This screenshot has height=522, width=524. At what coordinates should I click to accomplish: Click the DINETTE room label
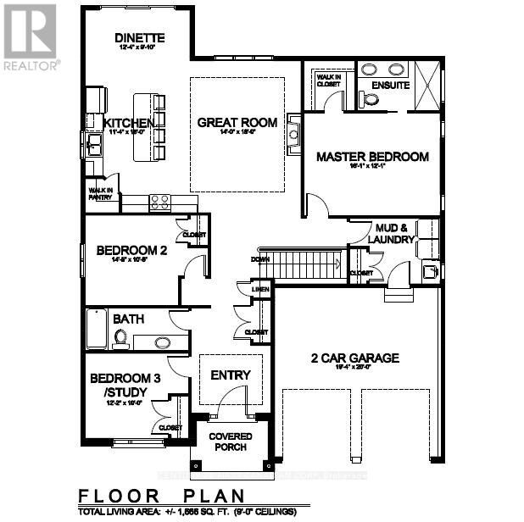139,39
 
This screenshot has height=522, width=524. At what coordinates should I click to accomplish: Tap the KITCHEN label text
129,124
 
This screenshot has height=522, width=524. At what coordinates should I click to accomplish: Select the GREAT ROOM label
237,123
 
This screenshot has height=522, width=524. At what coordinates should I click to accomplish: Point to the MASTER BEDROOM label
372,157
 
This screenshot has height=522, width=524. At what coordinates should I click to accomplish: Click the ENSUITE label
391,86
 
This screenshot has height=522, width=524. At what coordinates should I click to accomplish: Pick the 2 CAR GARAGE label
354,358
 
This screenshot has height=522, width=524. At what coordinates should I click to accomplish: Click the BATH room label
127,319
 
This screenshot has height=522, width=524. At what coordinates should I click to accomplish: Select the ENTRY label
231,375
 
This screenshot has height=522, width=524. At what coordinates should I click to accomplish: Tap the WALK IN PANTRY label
101,192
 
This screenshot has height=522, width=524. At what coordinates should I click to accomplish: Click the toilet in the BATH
120,339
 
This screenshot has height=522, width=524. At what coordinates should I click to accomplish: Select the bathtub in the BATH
96,330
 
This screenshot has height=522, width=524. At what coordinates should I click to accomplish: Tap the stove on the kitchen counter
160,203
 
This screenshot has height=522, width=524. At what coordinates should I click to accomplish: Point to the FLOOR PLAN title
161,497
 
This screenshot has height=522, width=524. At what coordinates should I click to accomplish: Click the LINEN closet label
260,290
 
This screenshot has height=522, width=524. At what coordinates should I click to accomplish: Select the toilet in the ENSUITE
369,99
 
